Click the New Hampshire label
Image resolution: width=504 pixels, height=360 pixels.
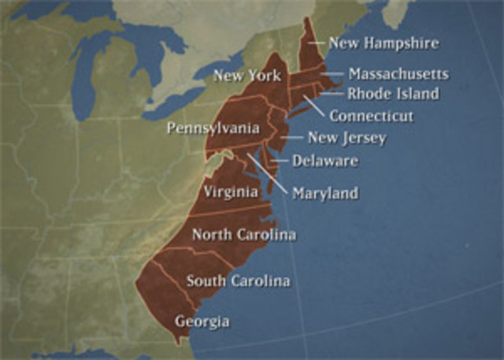point(384,43)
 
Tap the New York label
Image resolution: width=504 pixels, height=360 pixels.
point(246,76)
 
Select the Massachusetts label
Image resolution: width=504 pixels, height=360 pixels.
point(398,74)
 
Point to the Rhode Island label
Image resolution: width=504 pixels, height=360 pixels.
point(393,94)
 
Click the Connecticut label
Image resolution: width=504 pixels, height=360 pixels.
point(371,116)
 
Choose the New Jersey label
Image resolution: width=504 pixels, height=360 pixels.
point(346,138)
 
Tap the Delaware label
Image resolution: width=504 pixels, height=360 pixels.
point(324,161)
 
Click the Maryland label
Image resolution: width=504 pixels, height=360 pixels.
point(324,193)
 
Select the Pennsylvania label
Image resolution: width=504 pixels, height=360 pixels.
point(213,128)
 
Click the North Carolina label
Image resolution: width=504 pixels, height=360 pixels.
point(244,235)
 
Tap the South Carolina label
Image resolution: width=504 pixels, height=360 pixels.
point(238,280)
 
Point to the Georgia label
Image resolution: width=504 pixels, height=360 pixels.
point(202,321)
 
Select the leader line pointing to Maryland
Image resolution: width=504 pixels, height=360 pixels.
point(269,173)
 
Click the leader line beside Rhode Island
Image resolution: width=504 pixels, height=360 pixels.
point(332,94)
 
